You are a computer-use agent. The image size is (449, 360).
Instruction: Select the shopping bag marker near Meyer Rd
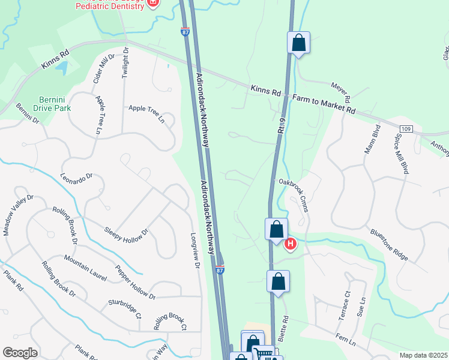[298, 43]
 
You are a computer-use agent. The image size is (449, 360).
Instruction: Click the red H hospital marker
[291, 244]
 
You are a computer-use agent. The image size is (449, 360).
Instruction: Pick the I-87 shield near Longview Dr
[220, 271]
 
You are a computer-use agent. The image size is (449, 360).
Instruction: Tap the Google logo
[20, 352]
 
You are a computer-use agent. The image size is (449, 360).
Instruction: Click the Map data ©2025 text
[423, 355]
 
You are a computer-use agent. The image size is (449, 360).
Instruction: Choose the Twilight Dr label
[125, 62]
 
